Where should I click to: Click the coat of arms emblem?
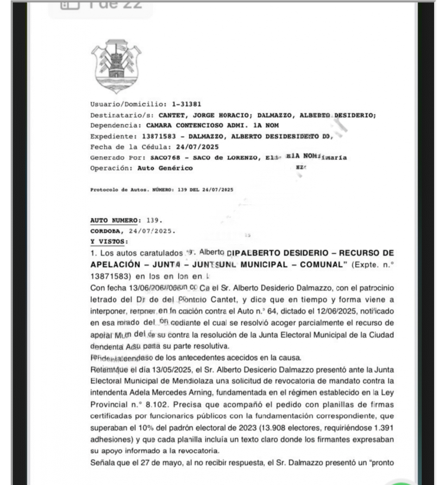116,66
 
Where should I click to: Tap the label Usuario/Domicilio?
127,104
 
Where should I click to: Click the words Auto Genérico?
164,168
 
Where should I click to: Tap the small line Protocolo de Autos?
119,189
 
